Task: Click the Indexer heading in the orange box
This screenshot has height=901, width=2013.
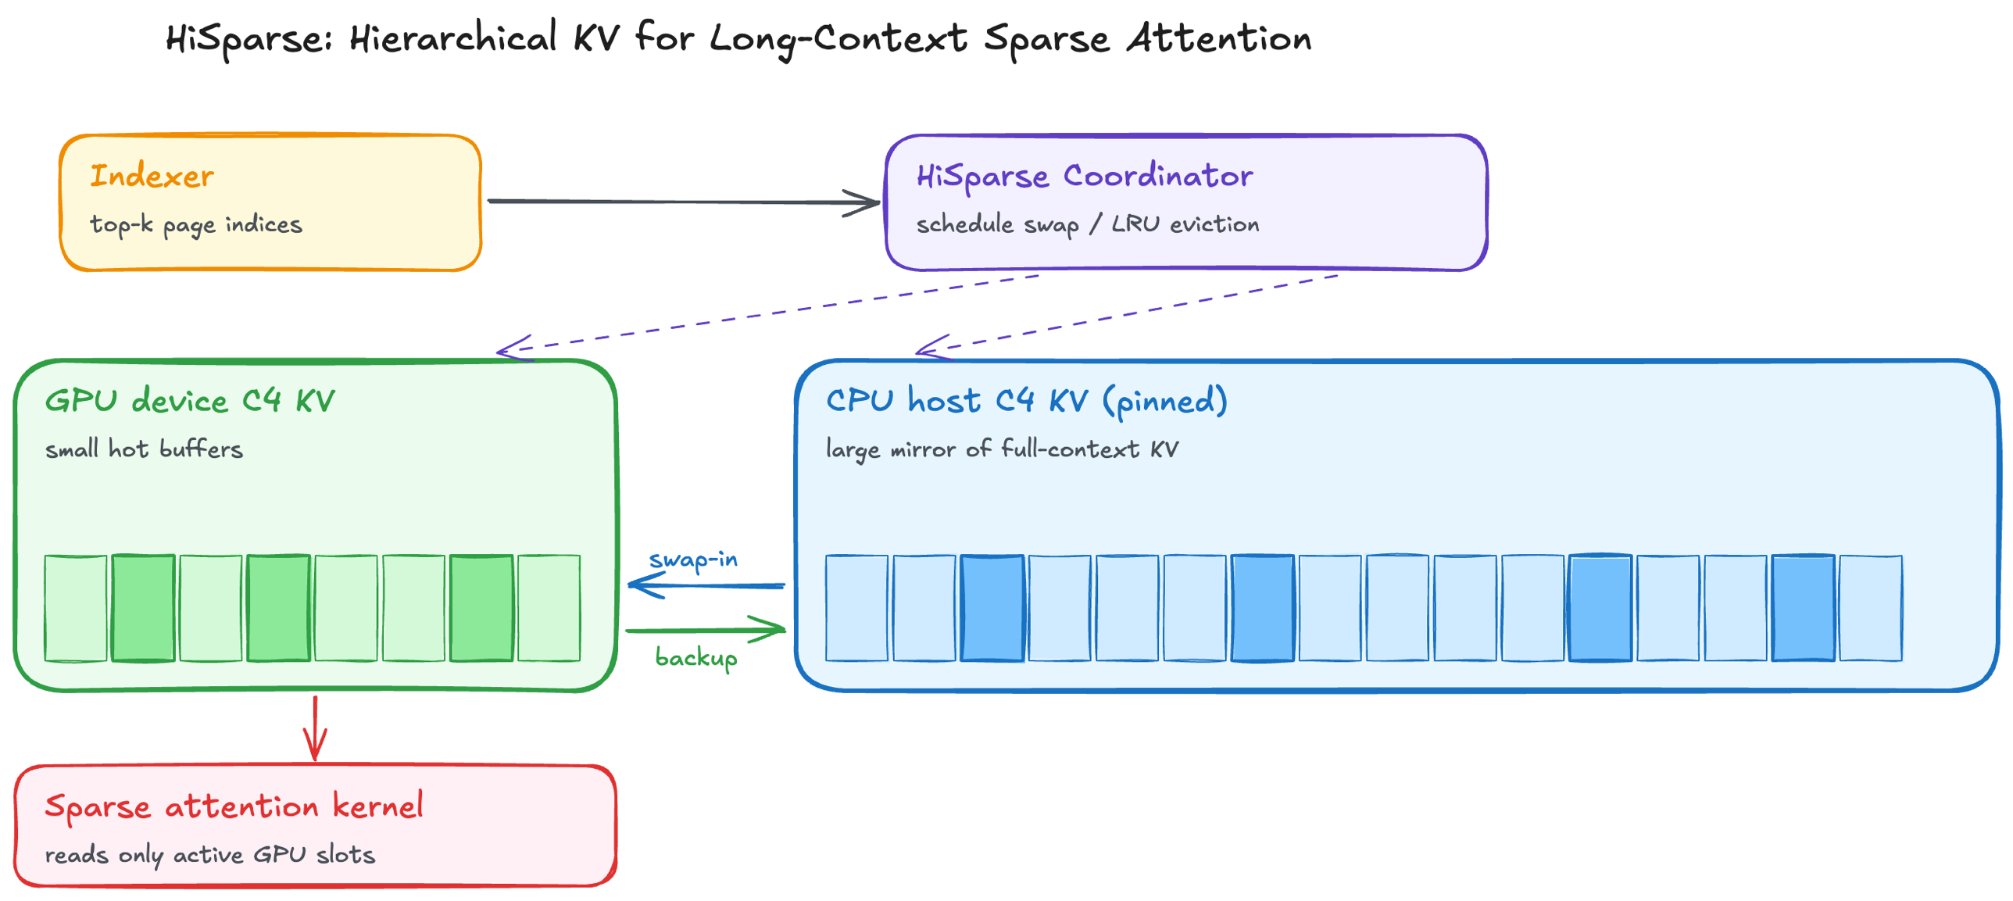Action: pos(152,176)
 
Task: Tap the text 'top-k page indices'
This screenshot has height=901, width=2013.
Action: pos(196,225)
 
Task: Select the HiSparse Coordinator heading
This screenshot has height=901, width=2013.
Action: pos(1085,176)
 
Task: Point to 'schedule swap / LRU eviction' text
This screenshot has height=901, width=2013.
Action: pos(1087,225)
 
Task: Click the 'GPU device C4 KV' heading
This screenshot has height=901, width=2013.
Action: pos(190,401)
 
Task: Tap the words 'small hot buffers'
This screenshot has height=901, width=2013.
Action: pos(144,449)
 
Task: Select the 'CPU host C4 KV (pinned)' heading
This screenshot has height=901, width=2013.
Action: pos(1026,401)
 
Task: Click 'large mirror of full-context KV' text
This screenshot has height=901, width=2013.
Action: pos(1002,449)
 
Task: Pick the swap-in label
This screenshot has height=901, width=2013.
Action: pos(693,560)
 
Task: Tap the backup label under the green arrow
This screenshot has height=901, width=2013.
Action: pos(695,658)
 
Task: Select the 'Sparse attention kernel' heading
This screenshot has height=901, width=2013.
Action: pos(234,806)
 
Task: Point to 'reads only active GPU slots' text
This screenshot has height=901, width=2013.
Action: pos(209,854)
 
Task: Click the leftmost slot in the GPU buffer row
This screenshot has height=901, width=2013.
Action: pos(76,608)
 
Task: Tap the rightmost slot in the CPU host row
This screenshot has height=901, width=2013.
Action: pos(1870,608)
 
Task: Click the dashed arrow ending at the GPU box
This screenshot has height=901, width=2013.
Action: pos(766,313)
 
